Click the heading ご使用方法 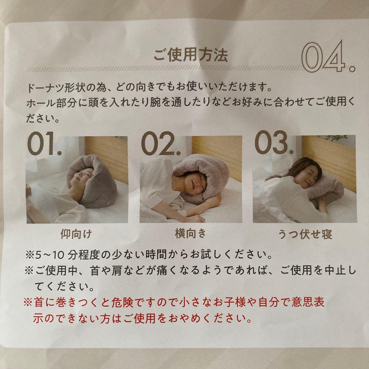190,55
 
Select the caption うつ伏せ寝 305,234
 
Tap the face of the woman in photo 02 195,186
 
